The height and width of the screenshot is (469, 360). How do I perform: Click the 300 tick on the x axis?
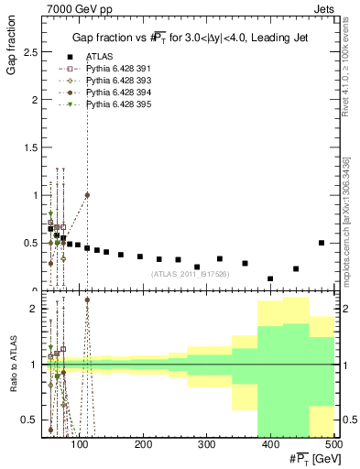[x=207, y=445]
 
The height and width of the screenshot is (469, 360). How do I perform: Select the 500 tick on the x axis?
[x=333, y=445]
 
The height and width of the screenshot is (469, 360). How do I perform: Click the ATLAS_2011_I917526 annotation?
[x=189, y=273]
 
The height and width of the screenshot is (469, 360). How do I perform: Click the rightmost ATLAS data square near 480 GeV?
[x=322, y=243]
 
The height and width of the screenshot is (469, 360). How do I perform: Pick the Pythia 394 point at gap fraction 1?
[x=87, y=195]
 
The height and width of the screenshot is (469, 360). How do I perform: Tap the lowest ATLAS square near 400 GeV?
[x=270, y=278]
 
